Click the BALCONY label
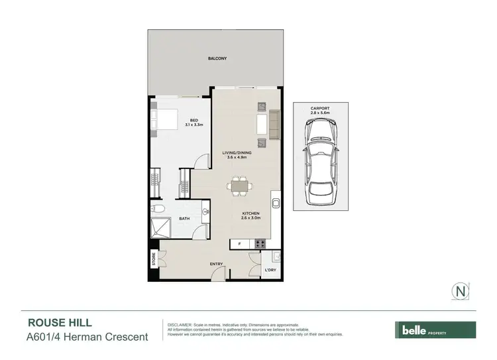click(217, 58)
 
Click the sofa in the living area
click(273, 124)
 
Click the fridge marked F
click(239, 244)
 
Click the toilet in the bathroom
click(158, 210)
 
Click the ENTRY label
click(216, 265)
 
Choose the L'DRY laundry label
click(270, 270)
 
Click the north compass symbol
click(459, 290)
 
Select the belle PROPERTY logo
click(435, 330)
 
